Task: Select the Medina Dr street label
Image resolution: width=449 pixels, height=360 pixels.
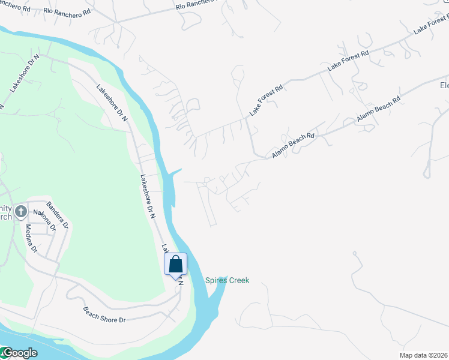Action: pyautogui.click(x=29, y=237)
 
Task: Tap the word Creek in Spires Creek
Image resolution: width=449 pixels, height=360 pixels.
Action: pyautogui.click(x=239, y=280)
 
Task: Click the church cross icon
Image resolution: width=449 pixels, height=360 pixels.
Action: pyautogui.click(x=21, y=211)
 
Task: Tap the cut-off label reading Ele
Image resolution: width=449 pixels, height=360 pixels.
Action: pyautogui.click(x=444, y=85)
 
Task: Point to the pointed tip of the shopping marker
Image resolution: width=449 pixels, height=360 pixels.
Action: pyautogui.click(x=176, y=280)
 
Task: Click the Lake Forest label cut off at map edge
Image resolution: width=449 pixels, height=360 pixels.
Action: pyautogui.click(x=431, y=26)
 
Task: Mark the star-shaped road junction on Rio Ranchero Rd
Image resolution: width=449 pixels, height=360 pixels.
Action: pyautogui.click(x=115, y=22)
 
